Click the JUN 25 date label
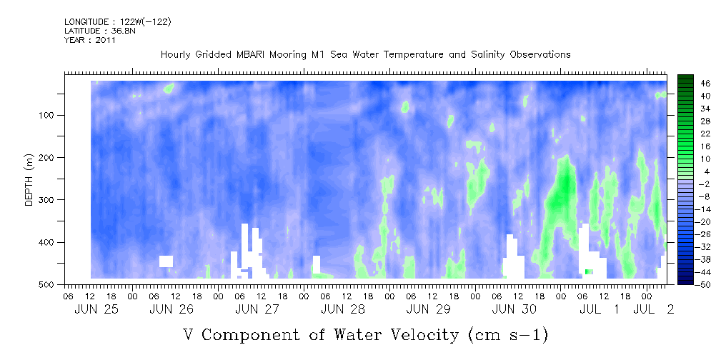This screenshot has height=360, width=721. [96, 309]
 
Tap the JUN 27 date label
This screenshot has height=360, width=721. [257, 309]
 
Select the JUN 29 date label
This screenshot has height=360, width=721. [428, 309]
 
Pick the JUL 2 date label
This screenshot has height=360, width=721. [653, 309]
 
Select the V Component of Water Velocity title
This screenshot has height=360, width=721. [366, 335]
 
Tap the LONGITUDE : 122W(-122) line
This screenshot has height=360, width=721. [118, 21]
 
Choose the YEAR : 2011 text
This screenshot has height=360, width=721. [90, 40]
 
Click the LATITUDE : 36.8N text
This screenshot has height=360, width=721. [100, 31]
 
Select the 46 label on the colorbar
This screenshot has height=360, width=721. [693, 84]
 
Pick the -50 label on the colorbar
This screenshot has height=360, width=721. [691, 284]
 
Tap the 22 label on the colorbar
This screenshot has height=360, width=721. [693, 134]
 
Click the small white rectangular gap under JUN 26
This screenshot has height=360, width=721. [166, 261]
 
